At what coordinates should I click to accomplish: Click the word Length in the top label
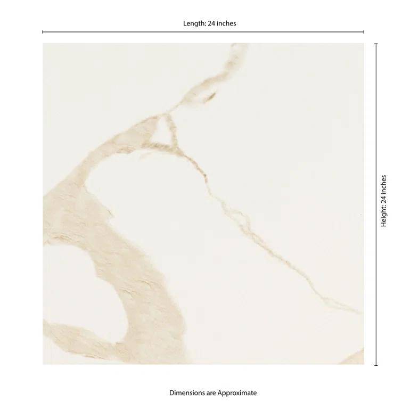[193, 23]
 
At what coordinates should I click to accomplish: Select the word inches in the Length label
[225, 23]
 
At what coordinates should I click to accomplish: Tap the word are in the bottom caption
[213, 393]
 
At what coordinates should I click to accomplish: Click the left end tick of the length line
[43, 32]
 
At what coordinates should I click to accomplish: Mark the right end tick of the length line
[364, 32]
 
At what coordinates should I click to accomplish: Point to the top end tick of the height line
[376, 43]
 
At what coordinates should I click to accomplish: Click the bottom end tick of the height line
[376, 365]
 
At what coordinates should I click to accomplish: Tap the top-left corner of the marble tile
[43, 44]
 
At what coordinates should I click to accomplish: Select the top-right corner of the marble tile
[364, 44]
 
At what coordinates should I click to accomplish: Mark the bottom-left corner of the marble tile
[43, 364]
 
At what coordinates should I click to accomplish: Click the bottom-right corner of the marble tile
[364, 364]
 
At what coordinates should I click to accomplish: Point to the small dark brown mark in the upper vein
[211, 96]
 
